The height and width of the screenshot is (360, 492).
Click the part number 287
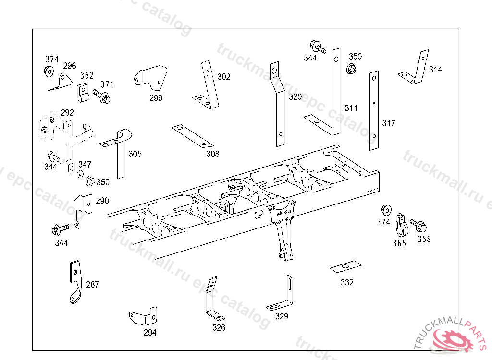coord(92,284)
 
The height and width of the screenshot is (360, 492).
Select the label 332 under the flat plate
coord(347,282)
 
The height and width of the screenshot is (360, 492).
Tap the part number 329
coord(282,316)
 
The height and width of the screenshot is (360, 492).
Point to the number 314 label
coord(435,70)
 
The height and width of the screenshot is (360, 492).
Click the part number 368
coord(424,239)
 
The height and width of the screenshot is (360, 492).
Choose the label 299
coord(156,98)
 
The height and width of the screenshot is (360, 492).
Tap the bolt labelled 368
coord(417,224)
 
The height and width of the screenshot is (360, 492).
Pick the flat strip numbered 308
coord(192,136)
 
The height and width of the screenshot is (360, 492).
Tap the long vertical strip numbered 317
coord(374,110)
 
